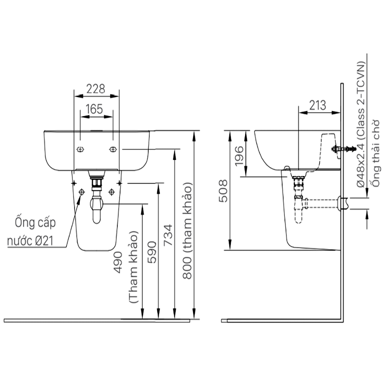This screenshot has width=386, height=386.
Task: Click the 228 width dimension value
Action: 96,89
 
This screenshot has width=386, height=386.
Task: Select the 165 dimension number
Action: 94,109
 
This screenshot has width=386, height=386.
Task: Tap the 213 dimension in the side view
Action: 317,105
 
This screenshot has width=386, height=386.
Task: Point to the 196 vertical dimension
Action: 239,156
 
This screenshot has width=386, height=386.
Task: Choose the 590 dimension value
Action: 152,252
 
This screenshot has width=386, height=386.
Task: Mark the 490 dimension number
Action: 119,263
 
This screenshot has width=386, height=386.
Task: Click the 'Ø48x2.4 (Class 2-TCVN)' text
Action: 361,124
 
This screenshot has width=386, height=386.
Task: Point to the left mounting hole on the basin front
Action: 80,149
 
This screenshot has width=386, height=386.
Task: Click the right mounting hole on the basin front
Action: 113,149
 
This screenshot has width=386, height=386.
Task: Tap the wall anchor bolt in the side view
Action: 343,149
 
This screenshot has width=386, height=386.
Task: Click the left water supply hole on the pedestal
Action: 81,192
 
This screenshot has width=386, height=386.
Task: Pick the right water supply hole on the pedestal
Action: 112,192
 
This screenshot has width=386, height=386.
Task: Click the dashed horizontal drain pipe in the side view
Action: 320,203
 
